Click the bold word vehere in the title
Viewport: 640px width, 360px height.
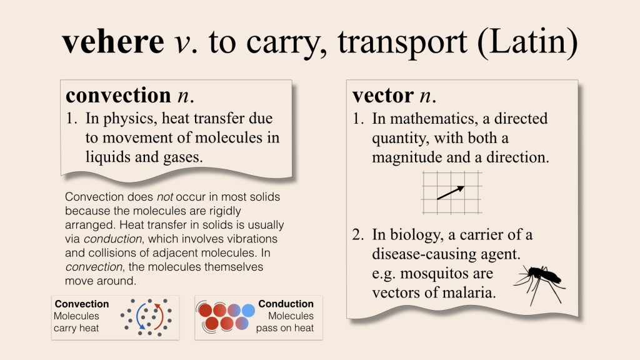(113, 42)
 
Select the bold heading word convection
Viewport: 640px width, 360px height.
(118, 95)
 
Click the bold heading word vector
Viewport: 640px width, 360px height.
(383, 96)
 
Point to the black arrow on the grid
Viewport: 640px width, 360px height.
(451, 192)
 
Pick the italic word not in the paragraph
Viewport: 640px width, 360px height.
(165, 197)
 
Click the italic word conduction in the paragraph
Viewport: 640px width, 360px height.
(112, 239)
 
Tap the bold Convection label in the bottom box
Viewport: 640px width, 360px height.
(82, 304)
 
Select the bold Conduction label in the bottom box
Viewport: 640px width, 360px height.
(286, 304)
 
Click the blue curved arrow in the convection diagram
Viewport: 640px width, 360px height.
(138, 316)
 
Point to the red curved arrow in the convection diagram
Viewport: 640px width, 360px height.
(160, 316)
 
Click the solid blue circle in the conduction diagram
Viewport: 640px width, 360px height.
(248, 311)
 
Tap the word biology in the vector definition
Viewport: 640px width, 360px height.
(416, 235)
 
